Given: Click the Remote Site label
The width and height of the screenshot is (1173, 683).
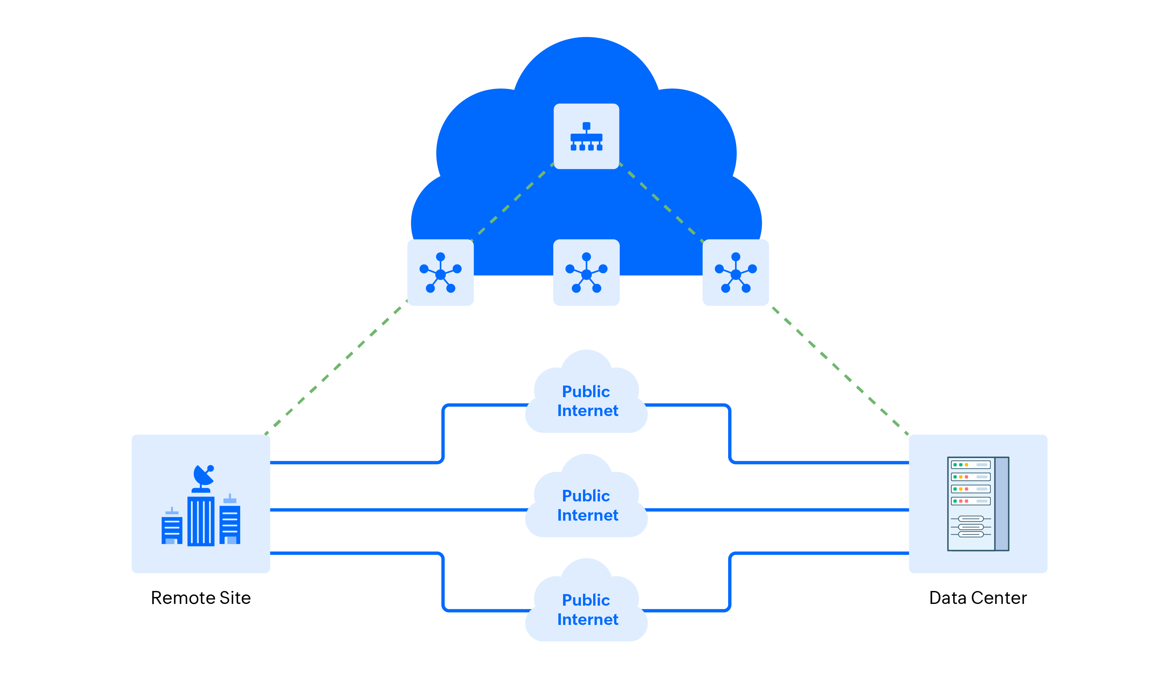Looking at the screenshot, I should pos(201,598).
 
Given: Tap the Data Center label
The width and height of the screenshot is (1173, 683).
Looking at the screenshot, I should pos(977,598).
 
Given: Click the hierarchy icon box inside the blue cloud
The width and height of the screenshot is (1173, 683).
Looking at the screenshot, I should pos(586,136).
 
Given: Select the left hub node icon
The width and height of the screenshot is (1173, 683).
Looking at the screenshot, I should pos(440,273).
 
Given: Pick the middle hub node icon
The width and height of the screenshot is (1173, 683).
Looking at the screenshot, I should pos(586,273).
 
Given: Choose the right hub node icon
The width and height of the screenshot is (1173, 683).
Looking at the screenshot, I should pos(735,273).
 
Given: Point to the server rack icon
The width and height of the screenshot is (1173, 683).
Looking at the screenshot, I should pos(977,504).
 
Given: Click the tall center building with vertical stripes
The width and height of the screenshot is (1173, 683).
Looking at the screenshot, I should pos(201,521).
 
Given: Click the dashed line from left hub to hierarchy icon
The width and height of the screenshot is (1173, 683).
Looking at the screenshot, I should pos(512,203).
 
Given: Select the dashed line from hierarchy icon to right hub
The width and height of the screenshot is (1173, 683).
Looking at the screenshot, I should pos(661,203).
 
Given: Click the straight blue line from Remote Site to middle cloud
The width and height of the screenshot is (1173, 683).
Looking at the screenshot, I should pos(396,510).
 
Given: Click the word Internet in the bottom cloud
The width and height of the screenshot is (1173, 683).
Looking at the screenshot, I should pos(588,620).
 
